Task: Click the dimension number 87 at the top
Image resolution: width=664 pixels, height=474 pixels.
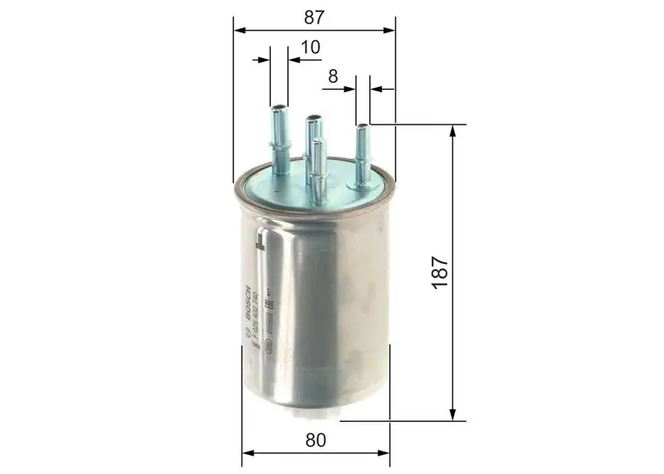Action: pyautogui.click(x=313, y=16)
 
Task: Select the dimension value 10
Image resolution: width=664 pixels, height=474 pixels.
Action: pyautogui.click(x=310, y=47)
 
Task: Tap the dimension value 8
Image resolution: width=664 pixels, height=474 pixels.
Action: pyautogui.click(x=333, y=76)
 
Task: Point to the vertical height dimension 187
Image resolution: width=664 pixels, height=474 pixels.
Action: pyautogui.click(x=440, y=271)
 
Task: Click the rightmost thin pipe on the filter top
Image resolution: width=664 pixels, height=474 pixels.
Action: pyautogui.click(x=363, y=154)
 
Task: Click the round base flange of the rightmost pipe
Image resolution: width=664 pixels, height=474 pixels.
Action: pyautogui.click(x=363, y=185)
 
